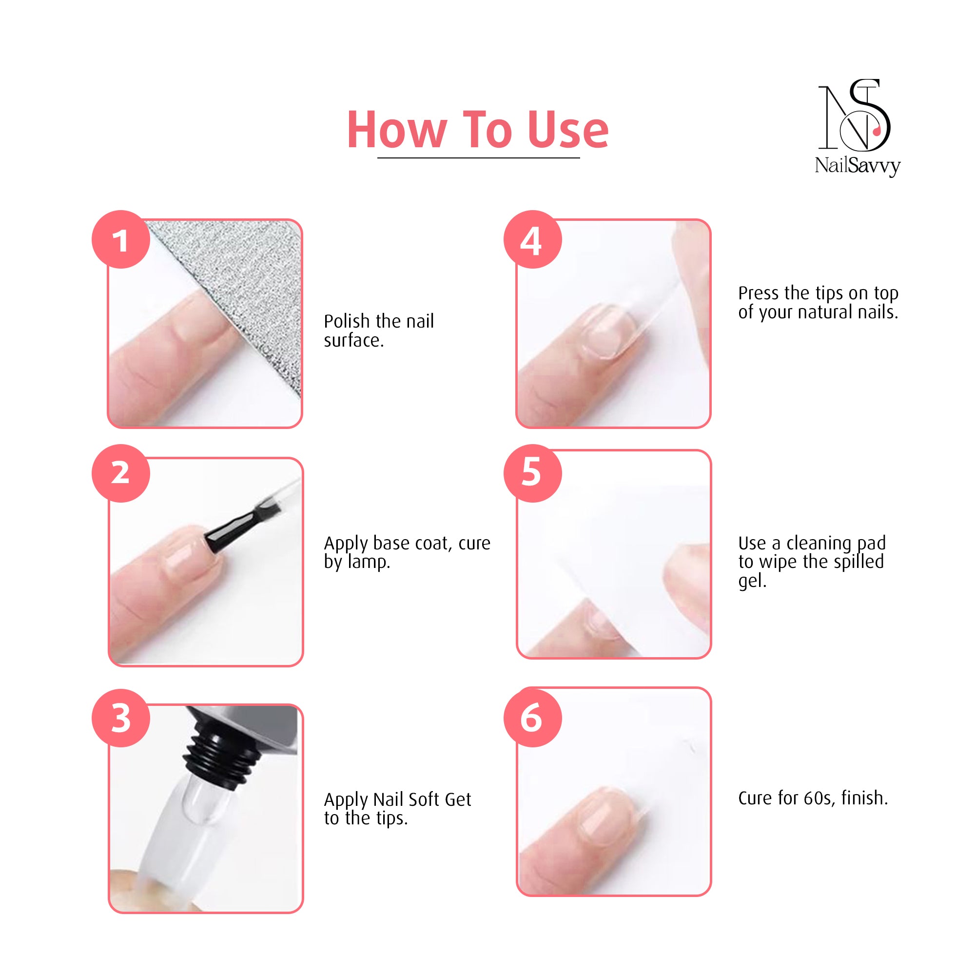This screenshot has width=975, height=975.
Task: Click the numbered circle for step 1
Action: click(120, 239)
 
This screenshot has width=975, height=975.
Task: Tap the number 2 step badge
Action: click(120, 473)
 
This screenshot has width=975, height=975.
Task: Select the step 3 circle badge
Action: click(120, 718)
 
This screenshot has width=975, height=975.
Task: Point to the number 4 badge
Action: click(532, 239)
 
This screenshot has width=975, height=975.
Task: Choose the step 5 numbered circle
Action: click(532, 473)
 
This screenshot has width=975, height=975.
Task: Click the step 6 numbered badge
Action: click(532, 718)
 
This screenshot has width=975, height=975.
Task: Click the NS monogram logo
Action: click(854, 115)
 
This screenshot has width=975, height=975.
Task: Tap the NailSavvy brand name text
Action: click(858, 166)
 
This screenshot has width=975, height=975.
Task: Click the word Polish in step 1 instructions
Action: click(347, 321)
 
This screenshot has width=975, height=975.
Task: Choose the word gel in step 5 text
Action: click(752, 582)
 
